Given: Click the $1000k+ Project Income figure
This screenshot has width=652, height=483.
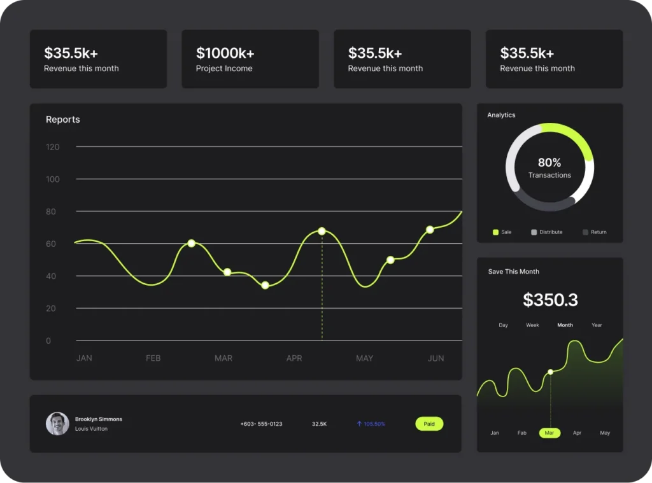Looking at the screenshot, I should pos(225,53).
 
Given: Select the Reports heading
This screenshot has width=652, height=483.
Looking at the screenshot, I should pos(63,120).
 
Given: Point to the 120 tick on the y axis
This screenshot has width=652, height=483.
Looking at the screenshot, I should pos(52,147).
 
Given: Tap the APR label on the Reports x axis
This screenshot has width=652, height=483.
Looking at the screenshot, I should pos(294,358).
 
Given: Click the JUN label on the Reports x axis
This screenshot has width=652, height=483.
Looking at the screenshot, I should pos(436,358).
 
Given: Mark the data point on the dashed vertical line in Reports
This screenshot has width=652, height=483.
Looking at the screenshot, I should pos(322,231).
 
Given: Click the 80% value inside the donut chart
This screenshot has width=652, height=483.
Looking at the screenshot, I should pos(549,162).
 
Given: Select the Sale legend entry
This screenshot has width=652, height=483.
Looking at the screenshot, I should pos(502,232).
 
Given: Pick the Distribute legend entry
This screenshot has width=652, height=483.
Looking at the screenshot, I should pos(547,232).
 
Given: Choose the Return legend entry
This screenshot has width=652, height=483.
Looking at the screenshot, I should pos(595,232).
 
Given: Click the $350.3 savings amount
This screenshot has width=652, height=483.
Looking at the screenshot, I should pos(550,300).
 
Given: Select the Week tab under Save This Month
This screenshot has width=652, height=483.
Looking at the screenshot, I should pos(532,325).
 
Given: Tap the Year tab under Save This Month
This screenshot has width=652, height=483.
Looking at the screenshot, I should pos(597,325).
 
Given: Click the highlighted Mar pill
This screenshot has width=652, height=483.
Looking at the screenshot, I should pos(549,433).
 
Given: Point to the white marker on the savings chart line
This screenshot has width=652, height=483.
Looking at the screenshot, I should pos(550,372).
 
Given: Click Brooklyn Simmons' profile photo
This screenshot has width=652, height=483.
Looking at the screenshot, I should pos(57,424).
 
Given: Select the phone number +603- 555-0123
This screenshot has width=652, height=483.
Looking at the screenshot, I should pos(261,424).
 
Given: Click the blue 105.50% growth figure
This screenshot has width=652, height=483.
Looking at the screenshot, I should pos(371,424).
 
